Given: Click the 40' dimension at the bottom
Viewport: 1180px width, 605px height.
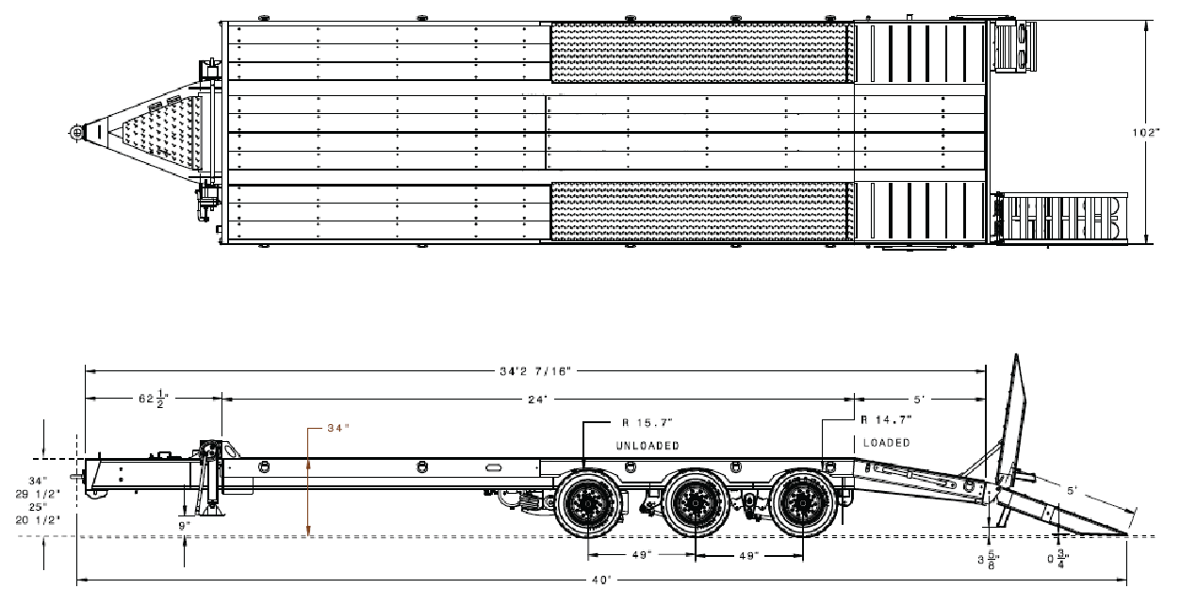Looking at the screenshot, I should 600,579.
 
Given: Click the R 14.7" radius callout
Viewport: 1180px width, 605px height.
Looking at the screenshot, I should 886,417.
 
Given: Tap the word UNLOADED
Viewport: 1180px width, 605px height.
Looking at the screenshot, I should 647,444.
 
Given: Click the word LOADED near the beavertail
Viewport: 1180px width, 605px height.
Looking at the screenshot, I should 886,443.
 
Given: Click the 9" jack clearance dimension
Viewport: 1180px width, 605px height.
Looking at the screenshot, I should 184,526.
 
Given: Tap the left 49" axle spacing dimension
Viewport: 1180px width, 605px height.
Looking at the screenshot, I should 640,556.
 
